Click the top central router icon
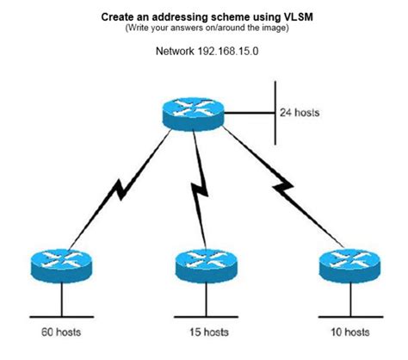click(195, 112)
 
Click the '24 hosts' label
click(301, 112)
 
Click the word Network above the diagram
click(175, 50)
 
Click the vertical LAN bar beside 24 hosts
click(275, 112)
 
